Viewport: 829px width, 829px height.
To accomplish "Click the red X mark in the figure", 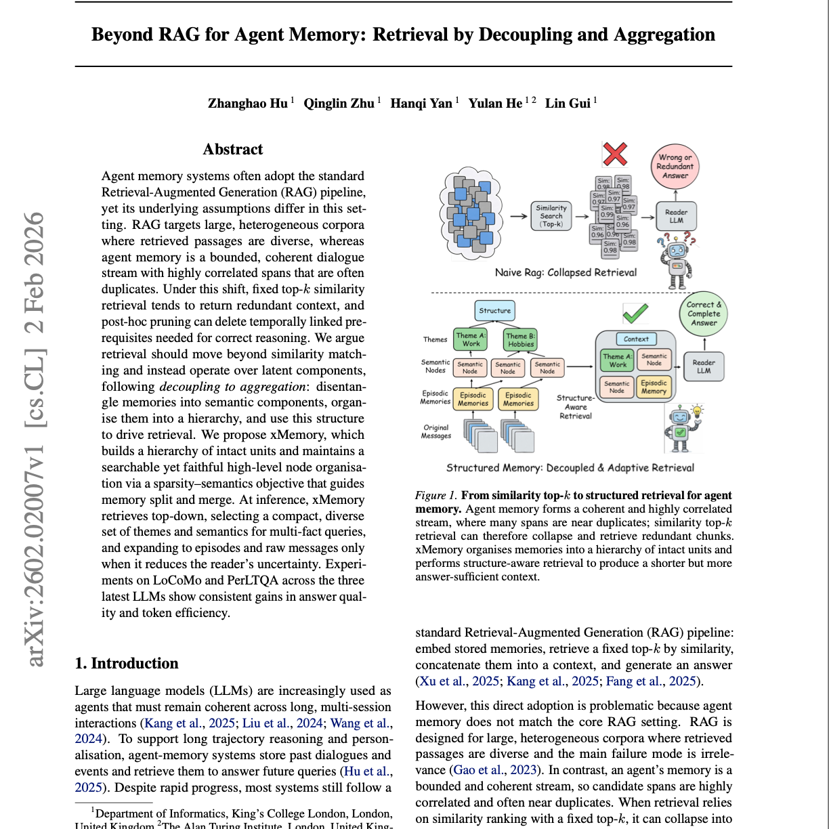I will (x=615, y=154).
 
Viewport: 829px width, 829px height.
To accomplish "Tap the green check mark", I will (x=635, y=313).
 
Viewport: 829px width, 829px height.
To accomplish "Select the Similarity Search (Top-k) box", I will (x=551, y=216).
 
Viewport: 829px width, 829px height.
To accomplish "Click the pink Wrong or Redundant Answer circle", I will (x=675, y=167).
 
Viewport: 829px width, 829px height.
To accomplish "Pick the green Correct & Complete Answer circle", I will (x=704, y=314).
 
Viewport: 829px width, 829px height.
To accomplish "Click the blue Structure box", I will (x=494, y=311).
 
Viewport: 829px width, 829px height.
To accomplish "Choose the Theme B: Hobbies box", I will (x=520, y=340).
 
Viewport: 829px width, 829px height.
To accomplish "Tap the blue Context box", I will (x=636, y=339).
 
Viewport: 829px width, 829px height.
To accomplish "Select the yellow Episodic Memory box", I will (x=654, y=387).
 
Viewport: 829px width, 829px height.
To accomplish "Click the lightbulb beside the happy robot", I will (x=697, y=410).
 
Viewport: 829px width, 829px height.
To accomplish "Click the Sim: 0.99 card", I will (x=607, y=211).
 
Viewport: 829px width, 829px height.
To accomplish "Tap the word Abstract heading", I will (x=232, y=150).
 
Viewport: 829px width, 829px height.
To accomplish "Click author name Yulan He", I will (x=495, y=104).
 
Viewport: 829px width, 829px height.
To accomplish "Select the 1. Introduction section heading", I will (x=127, y=664).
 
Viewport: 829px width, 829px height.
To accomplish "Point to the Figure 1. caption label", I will (x=435, y=496).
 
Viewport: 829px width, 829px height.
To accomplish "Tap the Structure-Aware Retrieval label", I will (x=575, y=407).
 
